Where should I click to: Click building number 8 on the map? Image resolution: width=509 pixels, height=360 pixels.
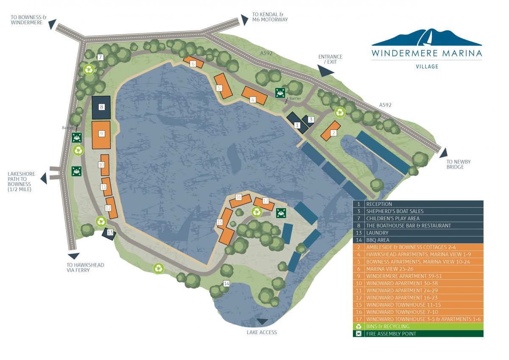coord(101,107)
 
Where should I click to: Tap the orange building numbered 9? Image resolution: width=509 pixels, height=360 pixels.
coord(101,134)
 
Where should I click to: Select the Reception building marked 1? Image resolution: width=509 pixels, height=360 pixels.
coord(297,123)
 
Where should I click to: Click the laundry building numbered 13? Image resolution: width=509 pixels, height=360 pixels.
coord(110,233)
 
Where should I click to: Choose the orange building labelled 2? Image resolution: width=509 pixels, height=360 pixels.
coord(331,131)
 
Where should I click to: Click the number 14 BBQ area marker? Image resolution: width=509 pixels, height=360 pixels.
coord(227,284)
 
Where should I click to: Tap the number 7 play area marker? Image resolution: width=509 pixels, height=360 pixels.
coord(100,57)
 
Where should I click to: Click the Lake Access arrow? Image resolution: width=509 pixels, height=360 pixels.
coord(262,322)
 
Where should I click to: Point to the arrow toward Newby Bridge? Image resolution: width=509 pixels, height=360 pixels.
coord(444,153)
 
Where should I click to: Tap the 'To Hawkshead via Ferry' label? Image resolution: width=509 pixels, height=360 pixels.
coord(85,267)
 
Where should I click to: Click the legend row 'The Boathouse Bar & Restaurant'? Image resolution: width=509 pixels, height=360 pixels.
coord(418,225)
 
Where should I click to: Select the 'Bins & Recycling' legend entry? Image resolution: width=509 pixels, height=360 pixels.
coord(418,326)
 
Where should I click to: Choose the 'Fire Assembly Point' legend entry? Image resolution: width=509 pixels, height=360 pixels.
coord(418,334)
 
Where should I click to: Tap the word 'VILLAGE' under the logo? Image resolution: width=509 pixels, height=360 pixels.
coord(427,67)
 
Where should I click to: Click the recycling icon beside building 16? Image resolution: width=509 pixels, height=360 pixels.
coord(256,211)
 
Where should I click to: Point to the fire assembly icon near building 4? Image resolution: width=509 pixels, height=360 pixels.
coord(280,93)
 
